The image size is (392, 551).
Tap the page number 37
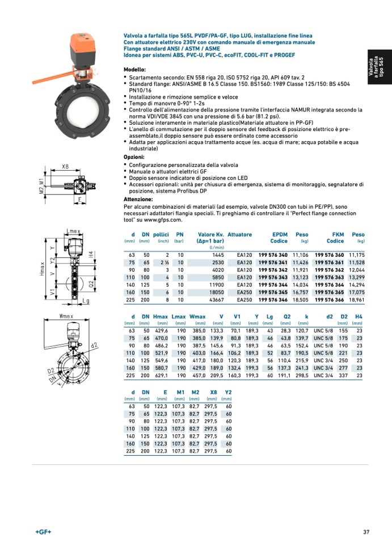pyautogui.click(x=366, y=532)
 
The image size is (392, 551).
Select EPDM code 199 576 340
pyautogui.click(x=273, y=256)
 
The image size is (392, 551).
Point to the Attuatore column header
pyautogui.click(x=239, y=234)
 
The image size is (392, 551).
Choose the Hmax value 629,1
pyautogui.click(x=162, y=375)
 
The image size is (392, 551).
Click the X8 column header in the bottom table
pyautogui.click(x=213, y=391)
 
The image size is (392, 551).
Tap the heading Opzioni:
pyautogui.click(x=134, y=156)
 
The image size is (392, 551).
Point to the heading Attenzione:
pyautogui.click(x=138, y=200)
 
